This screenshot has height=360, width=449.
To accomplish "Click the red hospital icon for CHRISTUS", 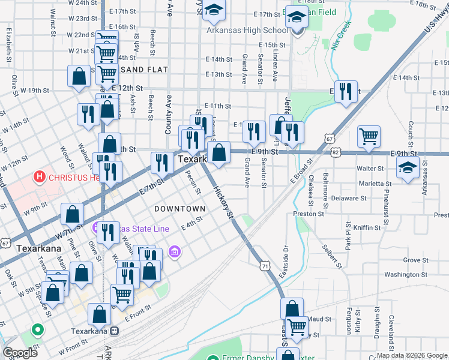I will coord(40,176).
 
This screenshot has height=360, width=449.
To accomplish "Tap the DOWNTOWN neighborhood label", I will coord(180,209).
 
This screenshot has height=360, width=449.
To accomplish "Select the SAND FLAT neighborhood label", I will coord(145,70).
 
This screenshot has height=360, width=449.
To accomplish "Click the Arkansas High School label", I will coord(246,31).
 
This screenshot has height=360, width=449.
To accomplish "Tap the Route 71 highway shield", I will coord(264,265).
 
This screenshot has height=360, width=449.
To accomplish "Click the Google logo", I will coord(20,353).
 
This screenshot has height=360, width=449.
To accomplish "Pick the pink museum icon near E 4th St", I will coord(175,251).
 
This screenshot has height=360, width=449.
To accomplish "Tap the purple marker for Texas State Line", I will coord(96,228).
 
